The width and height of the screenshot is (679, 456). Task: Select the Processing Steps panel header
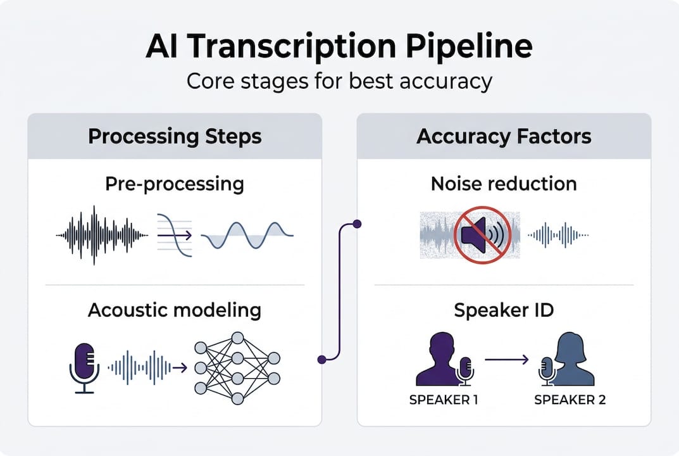(x=175, y=136)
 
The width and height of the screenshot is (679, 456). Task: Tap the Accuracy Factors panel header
(x=504, y=136)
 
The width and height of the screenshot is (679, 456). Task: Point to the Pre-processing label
(x=175, y=184)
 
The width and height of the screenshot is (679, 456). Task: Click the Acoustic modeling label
(x=175, y=310)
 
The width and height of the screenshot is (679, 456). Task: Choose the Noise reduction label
(x=504, y=184)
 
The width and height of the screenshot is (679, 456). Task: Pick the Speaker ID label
(x=504, y=310)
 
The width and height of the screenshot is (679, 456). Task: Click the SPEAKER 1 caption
(x=443, y=400)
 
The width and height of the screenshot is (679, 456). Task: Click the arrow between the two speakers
(x=506, y=360)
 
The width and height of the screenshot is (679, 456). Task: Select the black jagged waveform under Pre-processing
(x=102, y=235)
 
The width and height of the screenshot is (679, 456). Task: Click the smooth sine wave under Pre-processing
(x=247, y=236)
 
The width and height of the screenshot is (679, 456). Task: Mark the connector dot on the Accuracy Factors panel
(x=357, y=224)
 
